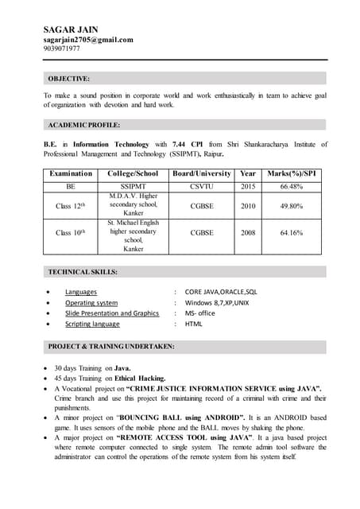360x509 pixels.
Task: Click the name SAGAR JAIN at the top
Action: click(x=70, y=29)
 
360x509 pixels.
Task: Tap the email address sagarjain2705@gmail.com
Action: click(x=88, y=39)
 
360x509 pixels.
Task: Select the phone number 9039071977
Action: click(x=62, y=49)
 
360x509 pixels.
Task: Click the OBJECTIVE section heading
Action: click(x=69, y=79)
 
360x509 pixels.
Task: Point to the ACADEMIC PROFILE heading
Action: click(x=84, y=125)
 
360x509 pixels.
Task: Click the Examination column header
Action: click(x=71, y=173)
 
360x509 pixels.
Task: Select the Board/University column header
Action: click(x=202, y=173)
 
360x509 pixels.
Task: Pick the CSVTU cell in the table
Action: click(x=202, y=187)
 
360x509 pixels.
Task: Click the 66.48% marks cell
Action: click(x=292, y=187)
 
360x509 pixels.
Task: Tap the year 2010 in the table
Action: click(x=248, y=206)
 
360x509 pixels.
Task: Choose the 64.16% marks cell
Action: click(x=292, y=233)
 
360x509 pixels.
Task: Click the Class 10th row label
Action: click(x=71, y=233)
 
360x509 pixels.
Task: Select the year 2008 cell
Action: click(x=248, y=233)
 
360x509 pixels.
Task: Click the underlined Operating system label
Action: click(x=91, y=303)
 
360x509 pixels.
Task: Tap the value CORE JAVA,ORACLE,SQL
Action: click(x=221, y=292)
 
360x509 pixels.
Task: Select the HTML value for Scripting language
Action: click(x=194, y=324)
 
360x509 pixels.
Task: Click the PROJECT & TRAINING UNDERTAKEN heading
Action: click(x=111, y=347)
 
